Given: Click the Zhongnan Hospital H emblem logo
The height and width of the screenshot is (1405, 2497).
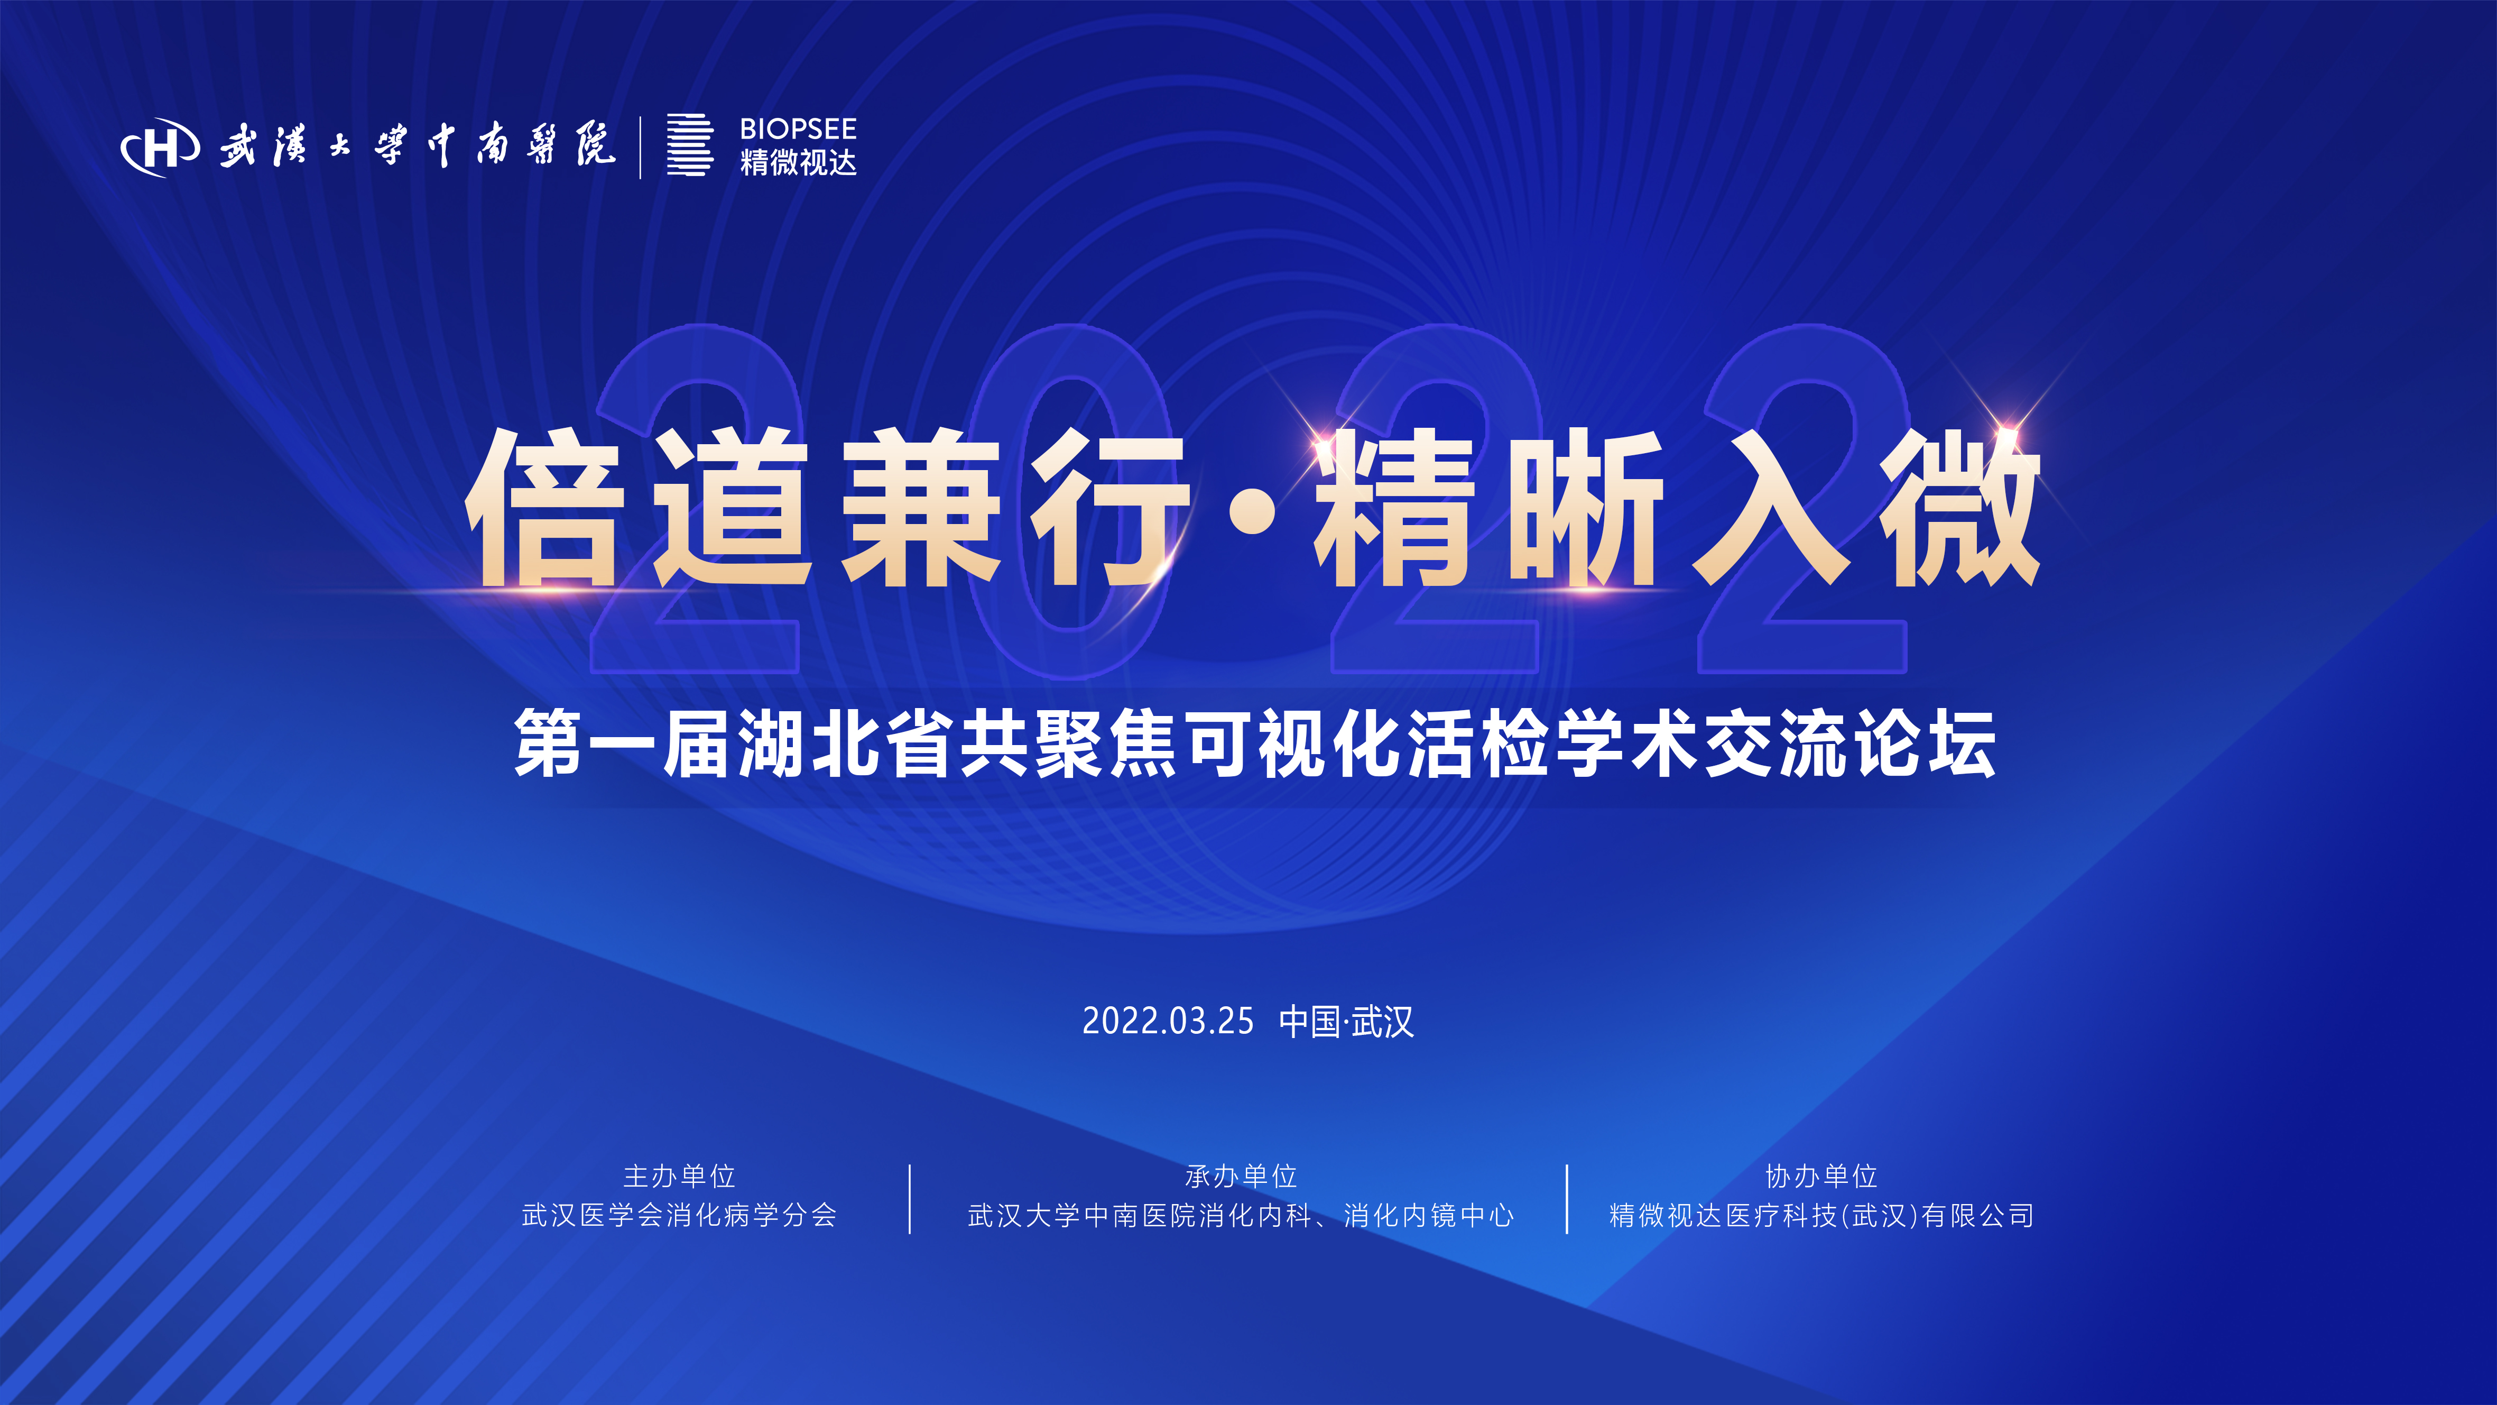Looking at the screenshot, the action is (x=161, y=148).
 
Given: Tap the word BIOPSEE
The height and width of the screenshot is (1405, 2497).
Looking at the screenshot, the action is (x=798, y=129).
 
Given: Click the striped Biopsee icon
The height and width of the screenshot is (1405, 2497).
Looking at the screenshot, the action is (x=689, y=145).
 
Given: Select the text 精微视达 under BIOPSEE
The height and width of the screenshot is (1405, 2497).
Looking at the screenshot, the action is (x=798, y=162).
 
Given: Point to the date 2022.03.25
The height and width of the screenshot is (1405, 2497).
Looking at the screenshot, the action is (x=1167, y=1021).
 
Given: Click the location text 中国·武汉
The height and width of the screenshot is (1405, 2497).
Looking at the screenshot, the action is (x=1346, y=1021).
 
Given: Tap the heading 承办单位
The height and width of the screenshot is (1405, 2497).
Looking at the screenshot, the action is (x=1241, y=1176).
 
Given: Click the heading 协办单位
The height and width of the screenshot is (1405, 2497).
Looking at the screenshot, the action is (x=1821, y=1176).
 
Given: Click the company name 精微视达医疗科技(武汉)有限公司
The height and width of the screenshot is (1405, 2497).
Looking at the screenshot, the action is (x=1821, y=1215).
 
